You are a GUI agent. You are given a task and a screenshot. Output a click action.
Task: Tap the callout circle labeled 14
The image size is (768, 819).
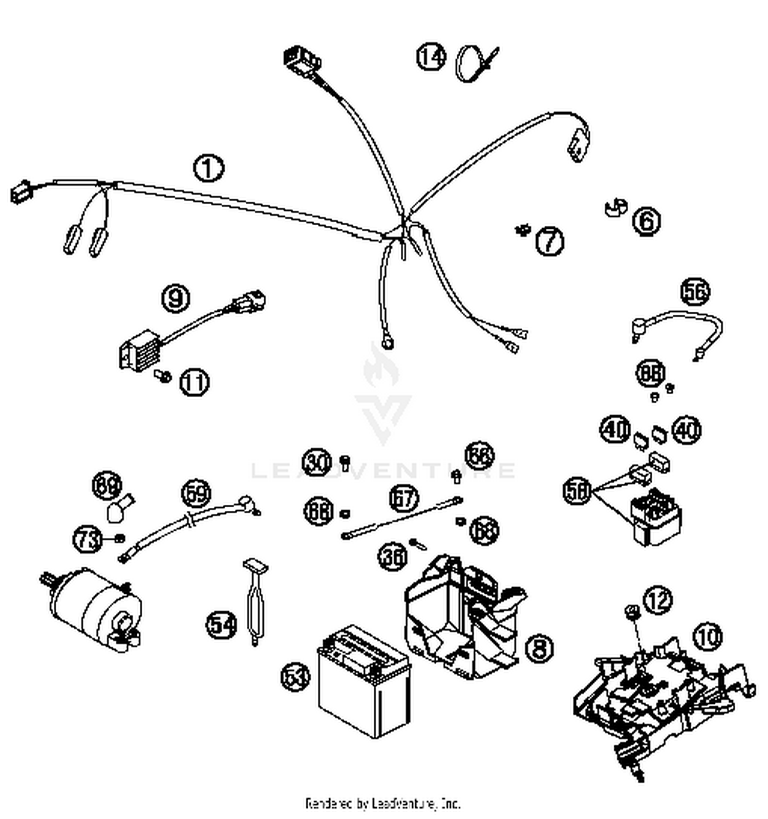click(x=431, y=56)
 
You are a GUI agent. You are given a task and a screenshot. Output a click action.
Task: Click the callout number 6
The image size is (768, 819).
click(x=646, y=221)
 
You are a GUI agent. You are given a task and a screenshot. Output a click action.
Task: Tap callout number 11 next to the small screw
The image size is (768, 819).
click(x=195, y=382)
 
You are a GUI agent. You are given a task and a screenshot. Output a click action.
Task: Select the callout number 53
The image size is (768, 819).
click(x=296, y=677)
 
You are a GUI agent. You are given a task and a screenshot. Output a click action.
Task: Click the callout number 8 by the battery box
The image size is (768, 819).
click(x=539, y=648)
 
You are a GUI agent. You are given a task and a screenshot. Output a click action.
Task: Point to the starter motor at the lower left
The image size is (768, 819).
click(x=95, y=609)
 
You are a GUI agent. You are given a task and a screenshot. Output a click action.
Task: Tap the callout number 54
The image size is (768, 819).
click(x=221, y=624)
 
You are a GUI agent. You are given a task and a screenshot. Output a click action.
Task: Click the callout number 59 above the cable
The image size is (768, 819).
click(x=196, y=493)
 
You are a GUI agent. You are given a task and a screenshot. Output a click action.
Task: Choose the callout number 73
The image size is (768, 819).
click(x=88, y=539)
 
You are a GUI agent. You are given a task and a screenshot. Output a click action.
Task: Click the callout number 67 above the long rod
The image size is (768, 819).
click(x=403, y=498)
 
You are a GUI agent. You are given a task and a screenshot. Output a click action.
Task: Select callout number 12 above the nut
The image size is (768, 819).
click(x=657, y=600)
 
